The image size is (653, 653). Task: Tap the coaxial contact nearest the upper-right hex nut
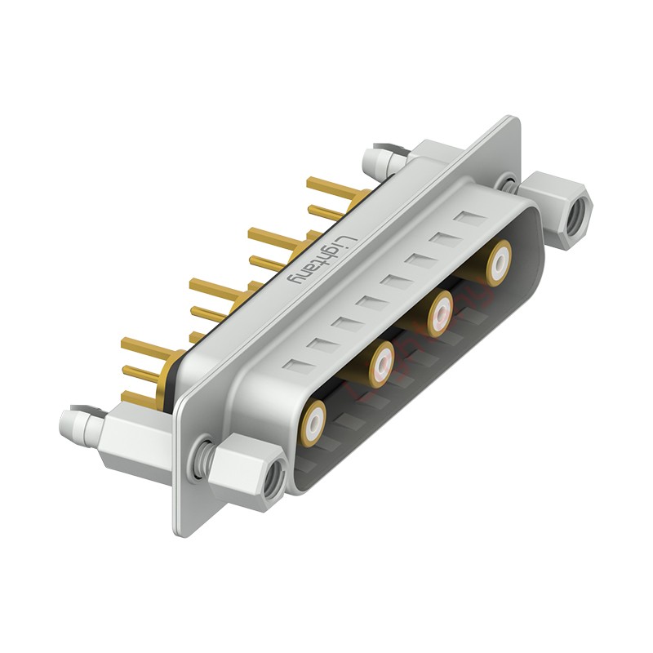point(498,263)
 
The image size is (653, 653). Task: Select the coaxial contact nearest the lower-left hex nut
point(315,420)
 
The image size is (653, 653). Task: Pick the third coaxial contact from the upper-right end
point(380,363)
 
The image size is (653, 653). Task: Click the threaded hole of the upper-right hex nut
point(577,213)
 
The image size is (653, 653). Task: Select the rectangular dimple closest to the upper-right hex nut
point(469,218)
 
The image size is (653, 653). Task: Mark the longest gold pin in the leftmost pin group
point(147,346)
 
